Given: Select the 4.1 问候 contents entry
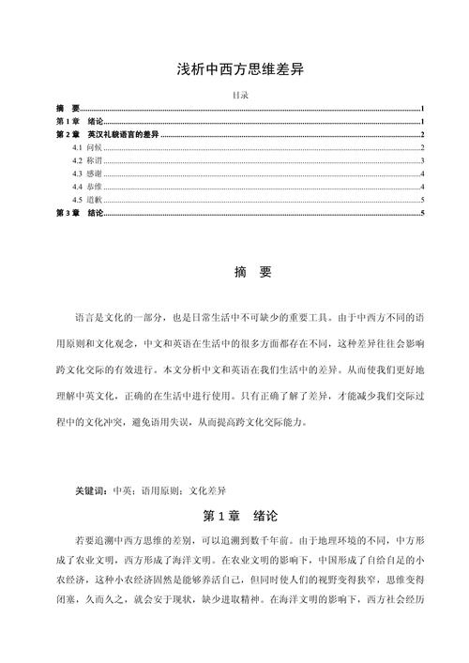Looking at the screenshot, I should [x=87, y=148].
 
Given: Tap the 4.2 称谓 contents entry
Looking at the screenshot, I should [x=87, y=161].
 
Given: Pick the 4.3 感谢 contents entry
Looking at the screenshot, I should [x=87, y=174].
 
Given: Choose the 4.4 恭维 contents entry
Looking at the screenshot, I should [x=87, y=188].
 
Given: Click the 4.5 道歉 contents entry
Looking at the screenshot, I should [x=87, y=201].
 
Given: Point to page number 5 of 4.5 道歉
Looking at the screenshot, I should [x=424, y=201].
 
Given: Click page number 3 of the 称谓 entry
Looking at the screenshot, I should [x=424, y=161].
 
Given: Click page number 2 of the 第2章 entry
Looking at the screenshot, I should [x=424, y=135].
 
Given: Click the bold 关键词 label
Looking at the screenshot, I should [x=92, y=490].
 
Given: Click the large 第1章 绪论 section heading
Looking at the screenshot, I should [x=239, y=516].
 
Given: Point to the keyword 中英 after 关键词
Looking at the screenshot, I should [x=122, y=490].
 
